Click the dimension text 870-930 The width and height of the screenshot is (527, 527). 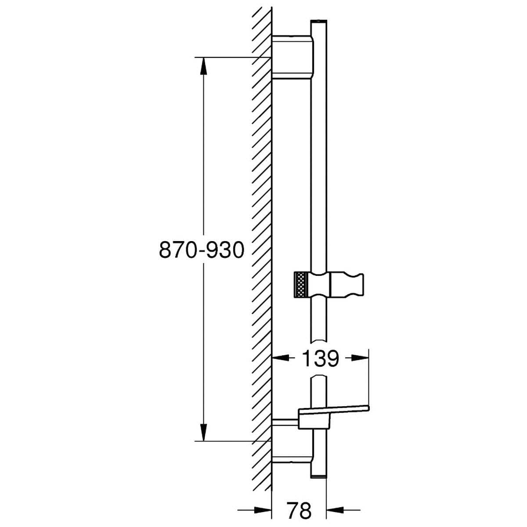click(201, 250)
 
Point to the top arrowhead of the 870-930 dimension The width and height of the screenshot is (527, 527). click(203, 66)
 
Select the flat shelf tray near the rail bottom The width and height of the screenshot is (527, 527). click(334, 409)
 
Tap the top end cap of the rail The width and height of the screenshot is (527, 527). click(318, 22)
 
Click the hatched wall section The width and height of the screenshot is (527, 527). click(261, 220)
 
